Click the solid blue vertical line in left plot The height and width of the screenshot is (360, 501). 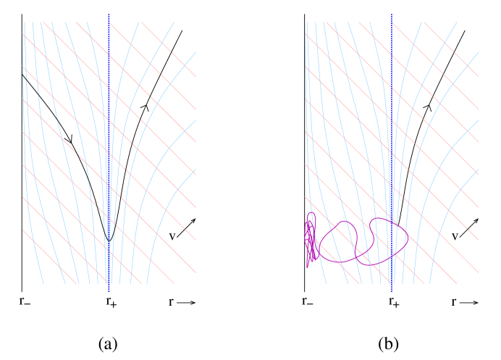(109, 87)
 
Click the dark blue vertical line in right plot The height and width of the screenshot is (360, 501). (392, 43)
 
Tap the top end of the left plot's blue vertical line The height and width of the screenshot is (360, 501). (109, 15)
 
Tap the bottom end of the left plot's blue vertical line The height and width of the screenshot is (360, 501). (109, 291)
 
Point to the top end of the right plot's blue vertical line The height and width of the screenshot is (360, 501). (392, 15)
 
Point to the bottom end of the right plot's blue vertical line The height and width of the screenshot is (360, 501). (392, 291)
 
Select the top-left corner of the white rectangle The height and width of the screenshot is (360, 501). (300, 71)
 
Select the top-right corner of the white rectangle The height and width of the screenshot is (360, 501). (397, 71)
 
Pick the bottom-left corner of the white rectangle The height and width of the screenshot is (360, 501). (300, 246)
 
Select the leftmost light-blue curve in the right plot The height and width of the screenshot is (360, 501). (307, 43)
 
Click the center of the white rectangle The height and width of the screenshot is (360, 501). (348, 159)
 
